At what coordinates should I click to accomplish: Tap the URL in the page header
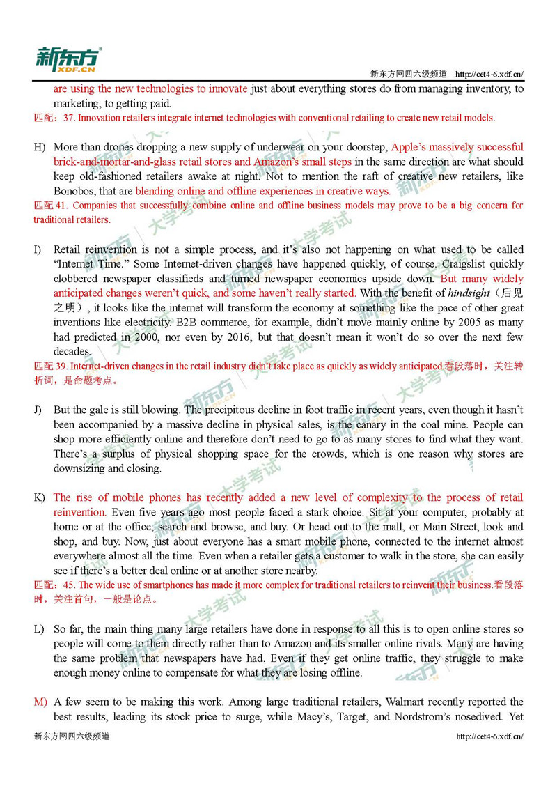489,74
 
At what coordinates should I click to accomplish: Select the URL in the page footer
489,736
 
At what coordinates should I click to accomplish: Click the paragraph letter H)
39,147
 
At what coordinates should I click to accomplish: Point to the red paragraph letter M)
40,702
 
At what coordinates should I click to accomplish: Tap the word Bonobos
74,191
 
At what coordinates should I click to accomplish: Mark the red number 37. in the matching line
68,118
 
